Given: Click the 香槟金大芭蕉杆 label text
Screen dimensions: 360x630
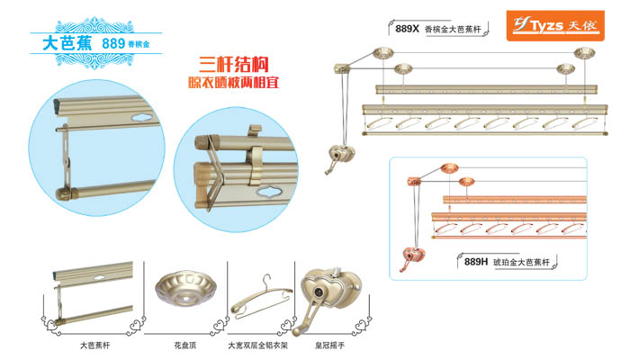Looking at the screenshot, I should (x=454, y=29).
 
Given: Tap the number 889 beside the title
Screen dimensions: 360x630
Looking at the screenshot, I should (x=113, y=42).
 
